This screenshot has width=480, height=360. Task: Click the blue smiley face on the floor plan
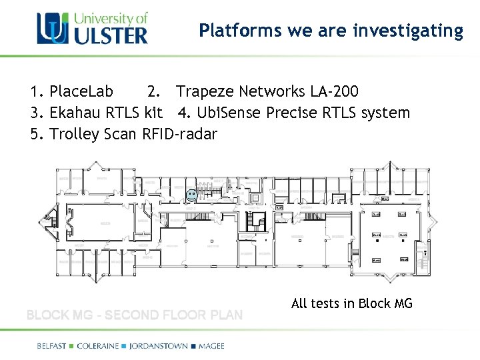click(191, 196)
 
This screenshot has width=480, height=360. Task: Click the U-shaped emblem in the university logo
click(51, 28)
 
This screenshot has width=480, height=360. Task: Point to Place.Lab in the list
click(81, 91)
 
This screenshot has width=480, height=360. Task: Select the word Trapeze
click(203, 91)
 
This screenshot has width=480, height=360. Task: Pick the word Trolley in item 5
click(75, 134)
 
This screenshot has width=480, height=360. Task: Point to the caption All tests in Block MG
click(352, 303)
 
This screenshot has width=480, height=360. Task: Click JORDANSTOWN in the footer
click(162, 345)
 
